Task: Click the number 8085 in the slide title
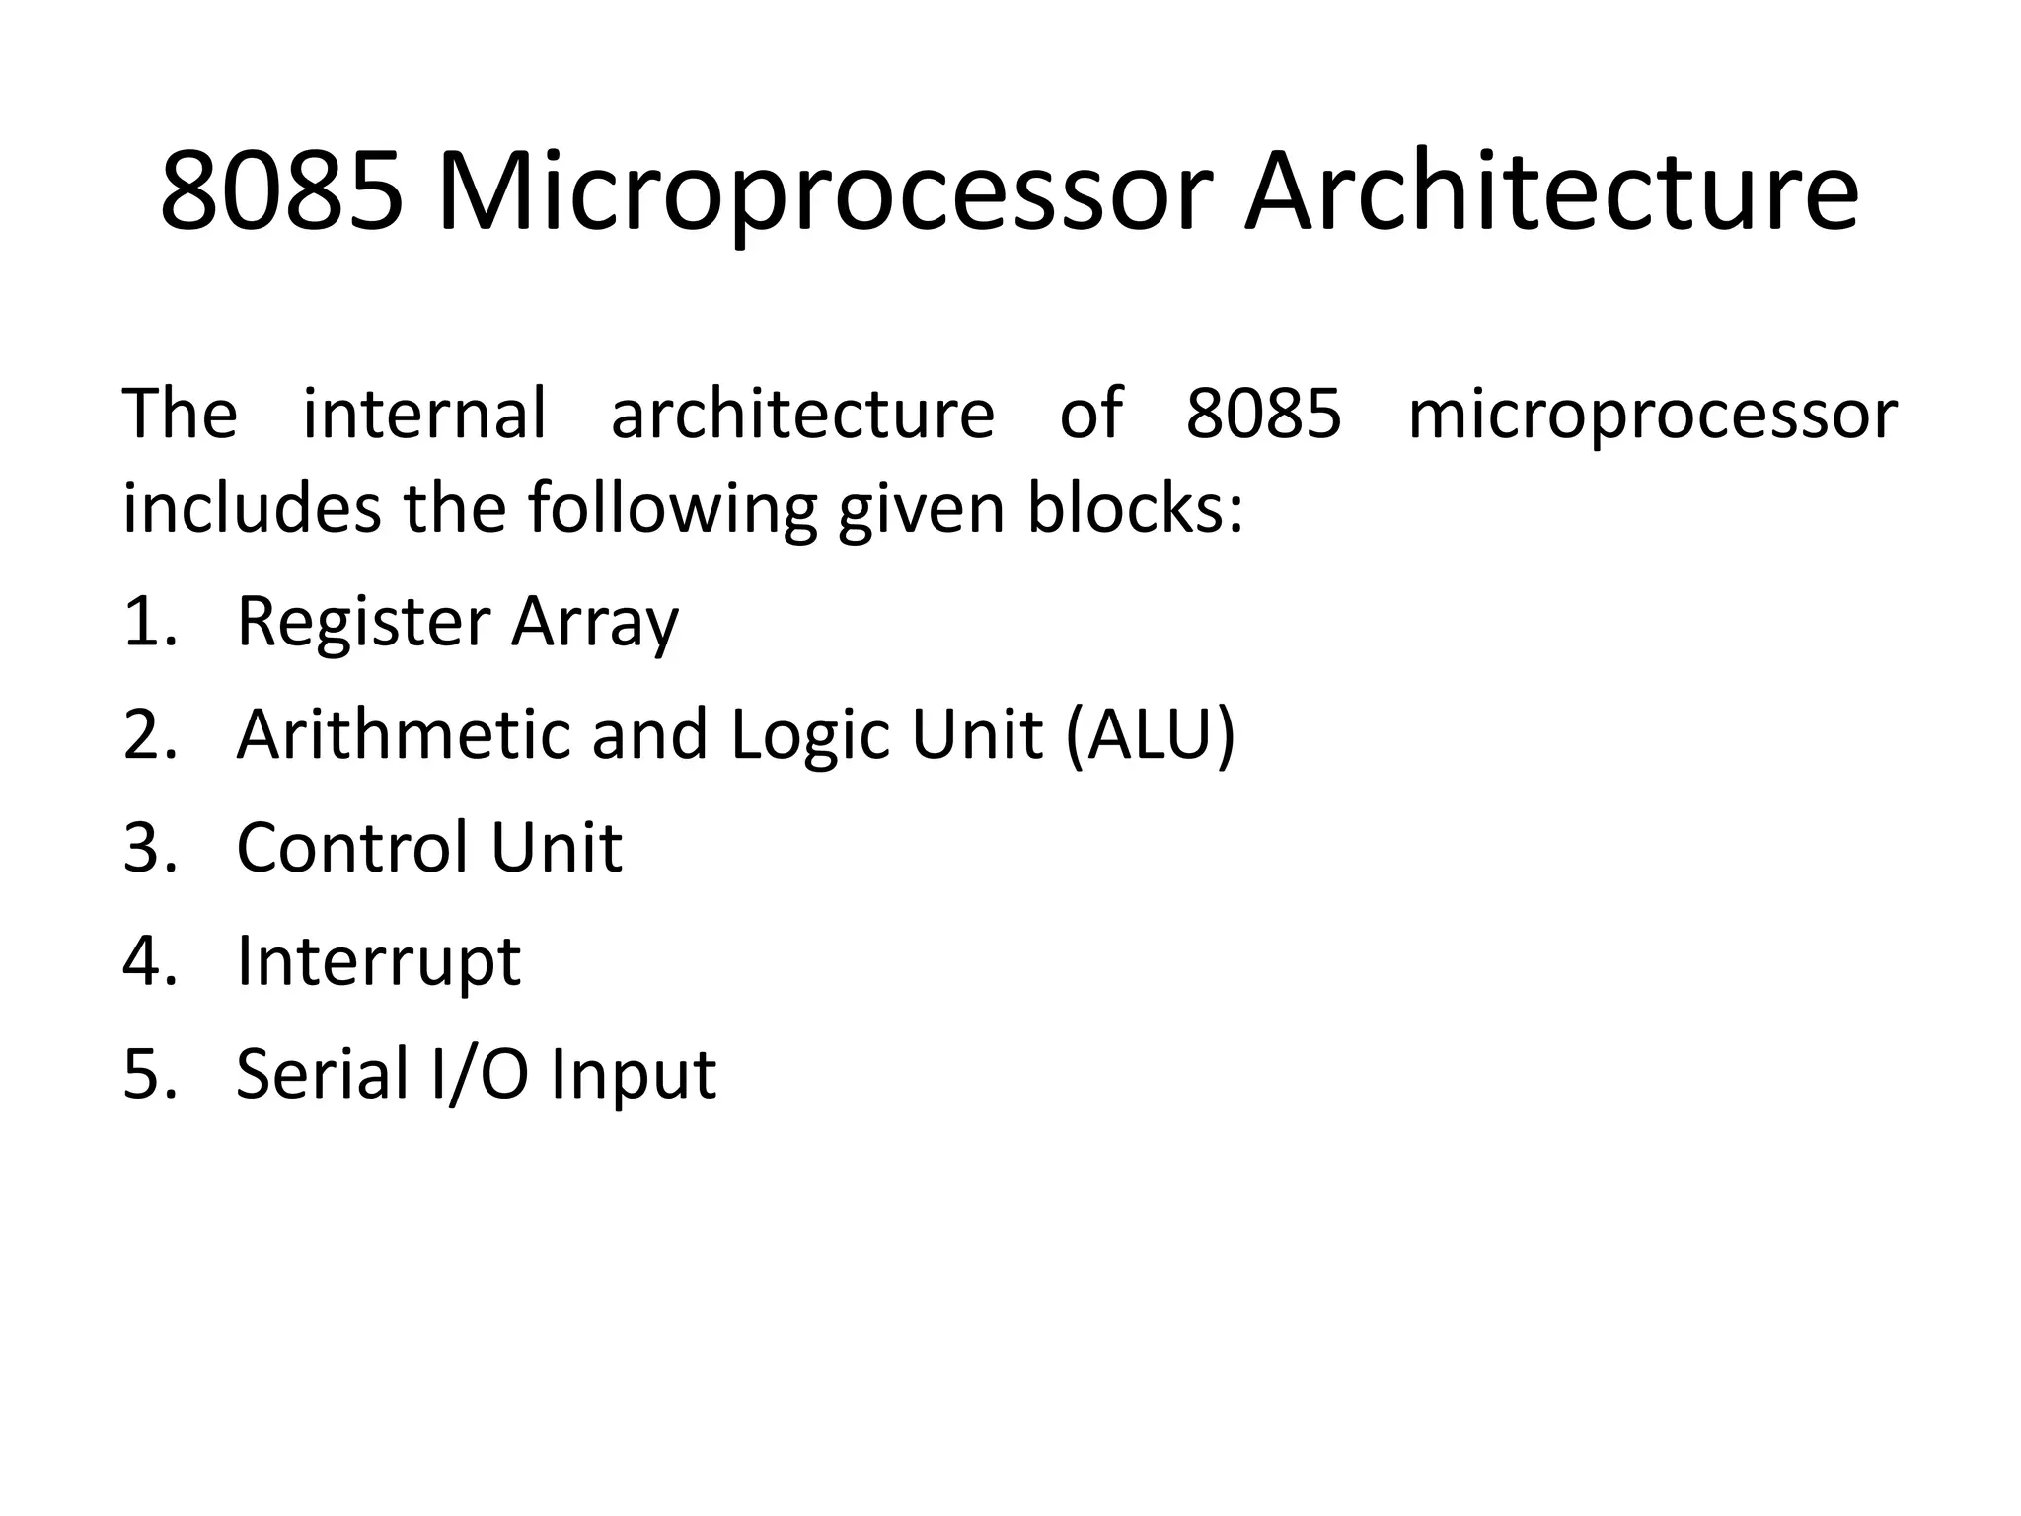point(282,191)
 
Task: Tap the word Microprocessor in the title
point(824,191)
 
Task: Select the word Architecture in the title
point(1551,191)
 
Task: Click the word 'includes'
point(251,508)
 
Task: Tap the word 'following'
point(672,508)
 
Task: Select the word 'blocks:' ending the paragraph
point(1135,508)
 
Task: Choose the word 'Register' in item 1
point(362,622)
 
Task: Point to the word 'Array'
point(595,622)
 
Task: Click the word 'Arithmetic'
point(404,735)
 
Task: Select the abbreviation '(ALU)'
point(1150,735)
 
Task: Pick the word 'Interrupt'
point(378,961)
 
